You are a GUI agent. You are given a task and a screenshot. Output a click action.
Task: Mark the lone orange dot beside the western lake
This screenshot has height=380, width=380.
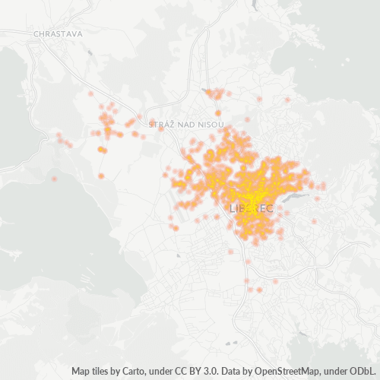(54, 179)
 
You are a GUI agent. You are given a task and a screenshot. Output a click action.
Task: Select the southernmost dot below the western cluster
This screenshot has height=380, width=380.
(101, 176)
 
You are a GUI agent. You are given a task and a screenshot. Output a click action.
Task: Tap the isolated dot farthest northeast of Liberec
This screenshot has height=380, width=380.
(287, 100)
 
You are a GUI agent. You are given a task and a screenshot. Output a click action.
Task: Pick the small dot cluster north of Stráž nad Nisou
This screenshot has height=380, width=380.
(217, 94)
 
